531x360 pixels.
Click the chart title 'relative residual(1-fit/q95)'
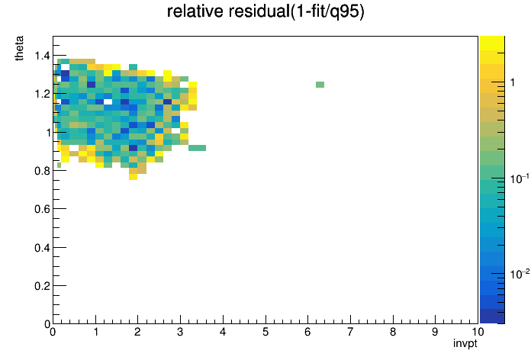[x=265, y=11]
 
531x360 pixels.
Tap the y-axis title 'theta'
[x=19, y=48]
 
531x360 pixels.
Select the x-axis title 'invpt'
[x=465, y=343]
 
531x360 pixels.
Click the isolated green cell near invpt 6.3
[x=320, y=85]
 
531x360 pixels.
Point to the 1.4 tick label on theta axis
[x=42, y=55]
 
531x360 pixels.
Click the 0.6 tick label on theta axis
[x=42, y=209]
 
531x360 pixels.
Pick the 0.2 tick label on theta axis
[x=42, y=286]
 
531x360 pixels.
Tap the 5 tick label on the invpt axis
[x=265, y=332]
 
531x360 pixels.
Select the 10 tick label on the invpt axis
[x=478, y=332]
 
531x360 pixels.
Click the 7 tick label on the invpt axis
[x=350, y=332]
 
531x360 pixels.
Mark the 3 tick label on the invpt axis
[x=180, y=332]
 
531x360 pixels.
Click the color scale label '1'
[x=513, y=82]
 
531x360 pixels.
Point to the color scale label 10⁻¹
[x=520, y=178]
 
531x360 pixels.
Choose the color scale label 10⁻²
[x=520, y=274]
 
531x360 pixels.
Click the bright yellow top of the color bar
[x=492, y=43]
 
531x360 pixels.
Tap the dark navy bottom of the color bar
[x=492, y=317]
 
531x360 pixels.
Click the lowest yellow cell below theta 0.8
[x=133, y=177]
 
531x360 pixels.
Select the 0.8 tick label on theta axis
[x=42, y=171]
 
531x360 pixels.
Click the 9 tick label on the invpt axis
[x=435, y=332]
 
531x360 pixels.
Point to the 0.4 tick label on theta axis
[x=42, y=248]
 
